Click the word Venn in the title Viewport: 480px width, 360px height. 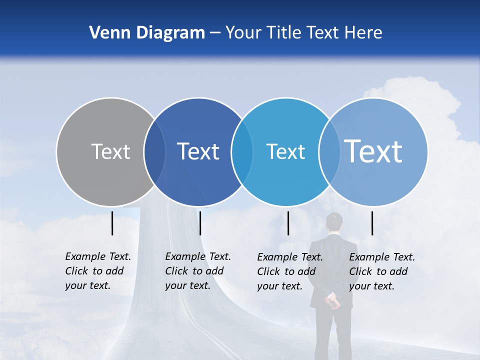point(105,33)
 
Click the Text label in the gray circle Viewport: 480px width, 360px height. point(110,151)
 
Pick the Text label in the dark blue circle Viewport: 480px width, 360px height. point(198,151)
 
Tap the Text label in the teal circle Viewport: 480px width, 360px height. point(285,151)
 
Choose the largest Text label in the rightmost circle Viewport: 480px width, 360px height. point(373,151)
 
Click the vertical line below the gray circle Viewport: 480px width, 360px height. point(112,223)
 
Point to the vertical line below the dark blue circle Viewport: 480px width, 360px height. point(200,223)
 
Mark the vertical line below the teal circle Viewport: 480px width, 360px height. point(288,223)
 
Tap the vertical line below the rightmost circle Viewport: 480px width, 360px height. point(372,223)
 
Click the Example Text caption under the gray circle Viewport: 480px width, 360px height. point(98,271)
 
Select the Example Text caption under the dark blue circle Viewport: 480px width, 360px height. point(198,271)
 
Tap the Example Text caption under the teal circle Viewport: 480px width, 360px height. point(290,271)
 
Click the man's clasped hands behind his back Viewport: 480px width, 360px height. point(332,301)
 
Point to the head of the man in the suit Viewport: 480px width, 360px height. point(334,222)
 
